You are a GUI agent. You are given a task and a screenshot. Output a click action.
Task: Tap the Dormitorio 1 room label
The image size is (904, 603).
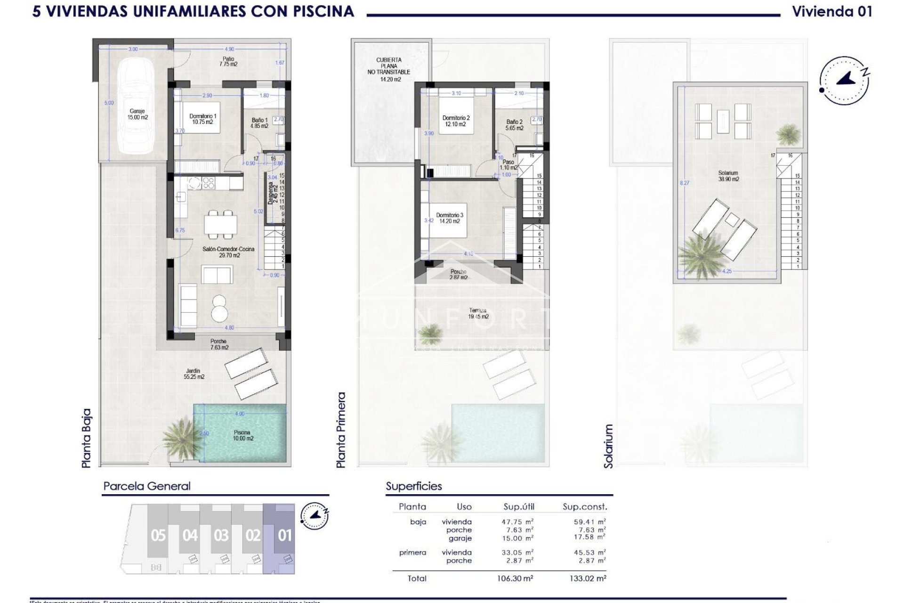point(202,119)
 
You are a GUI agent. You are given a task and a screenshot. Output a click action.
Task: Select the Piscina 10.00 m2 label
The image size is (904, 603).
point(242,435)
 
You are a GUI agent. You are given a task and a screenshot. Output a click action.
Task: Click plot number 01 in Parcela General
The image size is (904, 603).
point(284,536)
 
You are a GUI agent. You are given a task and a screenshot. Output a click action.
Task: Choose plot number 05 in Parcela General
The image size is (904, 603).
point(158,536)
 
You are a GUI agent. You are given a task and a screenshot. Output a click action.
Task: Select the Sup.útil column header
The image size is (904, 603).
point(519,507)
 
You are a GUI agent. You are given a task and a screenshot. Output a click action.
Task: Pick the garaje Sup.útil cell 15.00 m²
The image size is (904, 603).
point(517,538)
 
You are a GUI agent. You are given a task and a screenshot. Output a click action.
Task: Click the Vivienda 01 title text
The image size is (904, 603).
point(832,11)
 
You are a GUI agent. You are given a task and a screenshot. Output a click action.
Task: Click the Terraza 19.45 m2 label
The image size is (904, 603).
point(478,313)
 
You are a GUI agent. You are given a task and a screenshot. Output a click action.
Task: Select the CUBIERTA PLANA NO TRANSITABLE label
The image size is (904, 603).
point(389,69)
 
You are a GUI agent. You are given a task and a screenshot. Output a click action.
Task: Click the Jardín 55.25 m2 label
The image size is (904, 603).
point(194,374)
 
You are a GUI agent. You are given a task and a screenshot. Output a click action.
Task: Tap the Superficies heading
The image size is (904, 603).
point(414,486)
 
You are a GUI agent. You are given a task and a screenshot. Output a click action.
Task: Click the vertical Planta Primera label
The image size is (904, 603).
point(341,430)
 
